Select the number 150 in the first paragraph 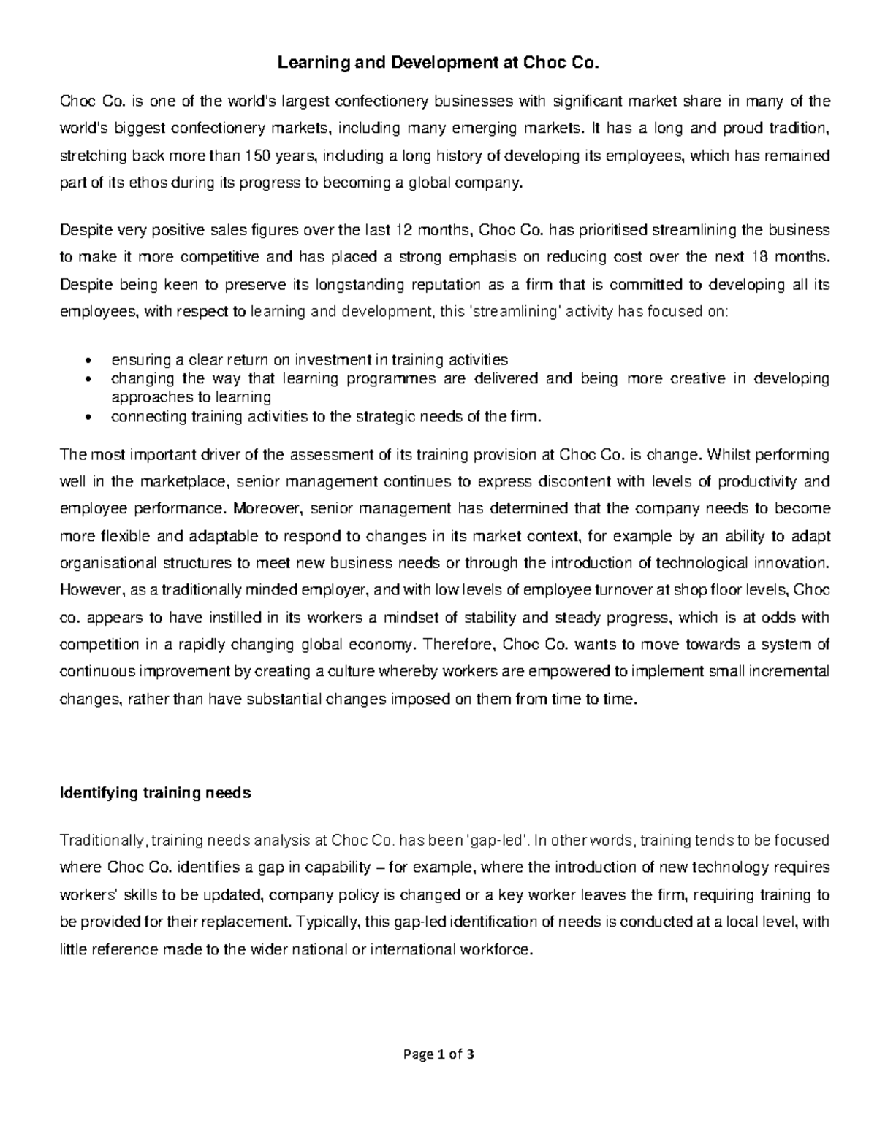pyautogui.click(x=257, y=156)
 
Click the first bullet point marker pyautogui.click(x=88, y=361)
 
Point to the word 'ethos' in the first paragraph pyautogui.click(x=149, y=183)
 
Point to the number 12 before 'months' pyautogui.click(x=403, y=231)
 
